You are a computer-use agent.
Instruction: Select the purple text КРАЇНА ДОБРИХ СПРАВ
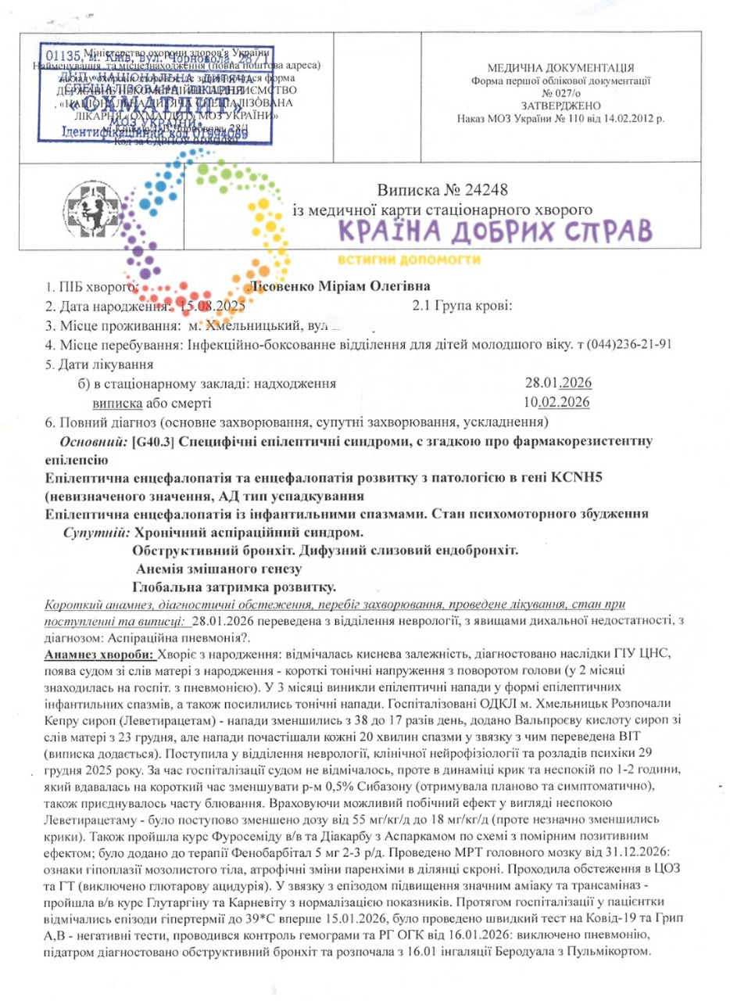495,231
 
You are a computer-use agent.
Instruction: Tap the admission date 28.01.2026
557,383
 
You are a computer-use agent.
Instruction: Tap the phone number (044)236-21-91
628,344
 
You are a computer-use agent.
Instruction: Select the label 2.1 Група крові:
462,305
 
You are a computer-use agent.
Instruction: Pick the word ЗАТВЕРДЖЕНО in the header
560,105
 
